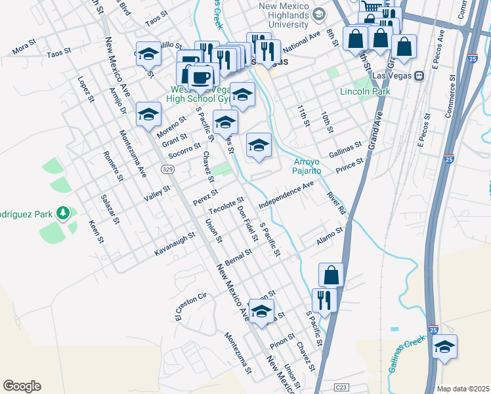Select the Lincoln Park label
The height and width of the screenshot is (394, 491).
pos(365,91)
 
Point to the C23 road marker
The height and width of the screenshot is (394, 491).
pos(341,387)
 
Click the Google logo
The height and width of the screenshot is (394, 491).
pos(22,386)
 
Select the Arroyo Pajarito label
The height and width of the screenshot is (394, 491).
pos(307,165)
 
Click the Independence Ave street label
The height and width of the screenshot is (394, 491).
pos(286,196)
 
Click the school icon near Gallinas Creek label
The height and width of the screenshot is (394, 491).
pos(444,347)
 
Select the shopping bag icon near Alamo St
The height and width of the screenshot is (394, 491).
pos(331,275)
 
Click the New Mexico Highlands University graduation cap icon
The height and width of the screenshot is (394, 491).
pos(319,14)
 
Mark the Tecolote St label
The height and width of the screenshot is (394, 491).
pos(226,204)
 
